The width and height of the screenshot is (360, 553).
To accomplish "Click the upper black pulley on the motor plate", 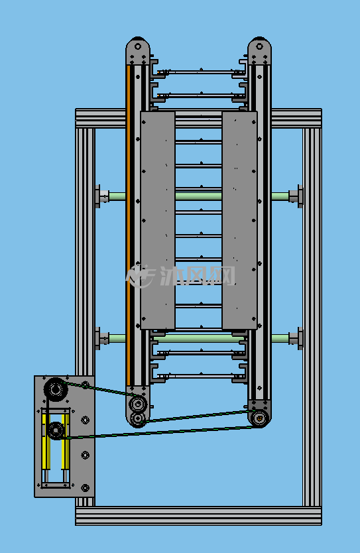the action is [x=56, y=389].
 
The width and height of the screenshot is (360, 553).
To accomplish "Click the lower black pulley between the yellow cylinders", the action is [x=56, y=430].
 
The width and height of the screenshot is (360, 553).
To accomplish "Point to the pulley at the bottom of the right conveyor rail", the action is [x=259, y=418].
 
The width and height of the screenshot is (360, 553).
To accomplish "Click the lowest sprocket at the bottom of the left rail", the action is [x=137, y=418].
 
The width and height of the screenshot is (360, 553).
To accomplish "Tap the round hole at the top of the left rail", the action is [x=138, y=46].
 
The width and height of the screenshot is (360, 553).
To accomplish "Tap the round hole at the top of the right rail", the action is [x=259, y=46].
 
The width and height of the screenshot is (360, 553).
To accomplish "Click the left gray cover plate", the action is [x=158, y=220].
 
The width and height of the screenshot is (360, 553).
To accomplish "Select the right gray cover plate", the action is [x=239, y=220].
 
